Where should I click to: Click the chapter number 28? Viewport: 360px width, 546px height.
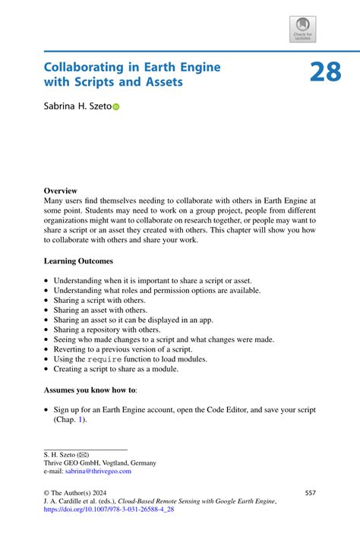click(x=325, y=73)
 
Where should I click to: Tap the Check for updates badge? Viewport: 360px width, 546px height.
click(x=302, y=29)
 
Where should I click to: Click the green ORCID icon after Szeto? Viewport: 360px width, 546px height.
click(x=116, y=108)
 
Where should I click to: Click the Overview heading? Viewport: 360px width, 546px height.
click(x=60, y=190)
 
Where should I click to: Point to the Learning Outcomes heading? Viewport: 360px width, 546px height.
click(x=78, y=260)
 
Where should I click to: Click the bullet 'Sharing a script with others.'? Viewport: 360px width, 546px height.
click(x=99, y=300)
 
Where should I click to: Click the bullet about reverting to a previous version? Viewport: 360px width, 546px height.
click(x=130, y=349)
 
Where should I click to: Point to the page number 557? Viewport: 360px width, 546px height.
click(x=309, y=493)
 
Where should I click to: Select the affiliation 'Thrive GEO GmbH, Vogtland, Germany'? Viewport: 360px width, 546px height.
click(x=100, y=462)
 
